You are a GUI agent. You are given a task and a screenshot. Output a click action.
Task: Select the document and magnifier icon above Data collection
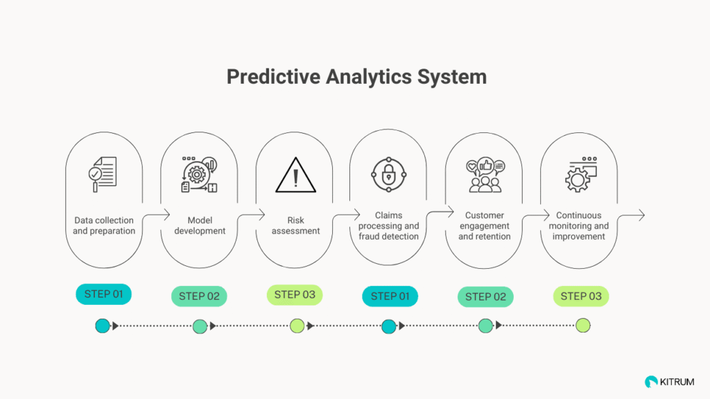pos(103,174)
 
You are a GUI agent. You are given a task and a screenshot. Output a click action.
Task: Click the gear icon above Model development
pos(197,174)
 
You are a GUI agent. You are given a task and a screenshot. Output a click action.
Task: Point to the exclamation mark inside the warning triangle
pos(295,178)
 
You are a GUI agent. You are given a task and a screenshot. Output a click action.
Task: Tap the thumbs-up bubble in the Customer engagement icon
pos(485,166)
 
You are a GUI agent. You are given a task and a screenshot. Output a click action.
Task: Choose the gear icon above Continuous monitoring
pos(578,180)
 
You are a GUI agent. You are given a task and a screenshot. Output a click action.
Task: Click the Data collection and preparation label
pos(104,225)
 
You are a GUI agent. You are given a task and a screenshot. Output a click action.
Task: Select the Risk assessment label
pos(295,225)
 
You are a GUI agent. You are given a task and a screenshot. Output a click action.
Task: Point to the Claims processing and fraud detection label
pos(388,226)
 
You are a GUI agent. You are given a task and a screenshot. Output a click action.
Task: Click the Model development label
pos(200,225)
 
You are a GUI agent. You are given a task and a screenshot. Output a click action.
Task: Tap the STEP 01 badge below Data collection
pos(104,294)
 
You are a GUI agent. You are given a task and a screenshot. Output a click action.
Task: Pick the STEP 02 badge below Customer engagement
pos(485,296)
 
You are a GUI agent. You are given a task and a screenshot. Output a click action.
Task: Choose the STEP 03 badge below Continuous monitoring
pos(581,296)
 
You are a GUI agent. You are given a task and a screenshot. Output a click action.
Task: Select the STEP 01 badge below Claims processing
pos(390,296)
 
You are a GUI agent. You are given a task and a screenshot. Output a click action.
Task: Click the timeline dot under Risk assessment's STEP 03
pos(297,326)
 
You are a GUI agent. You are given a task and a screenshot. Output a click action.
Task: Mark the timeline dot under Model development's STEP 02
pos(200,326)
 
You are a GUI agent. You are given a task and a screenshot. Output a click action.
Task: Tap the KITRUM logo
pos(669,382)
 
